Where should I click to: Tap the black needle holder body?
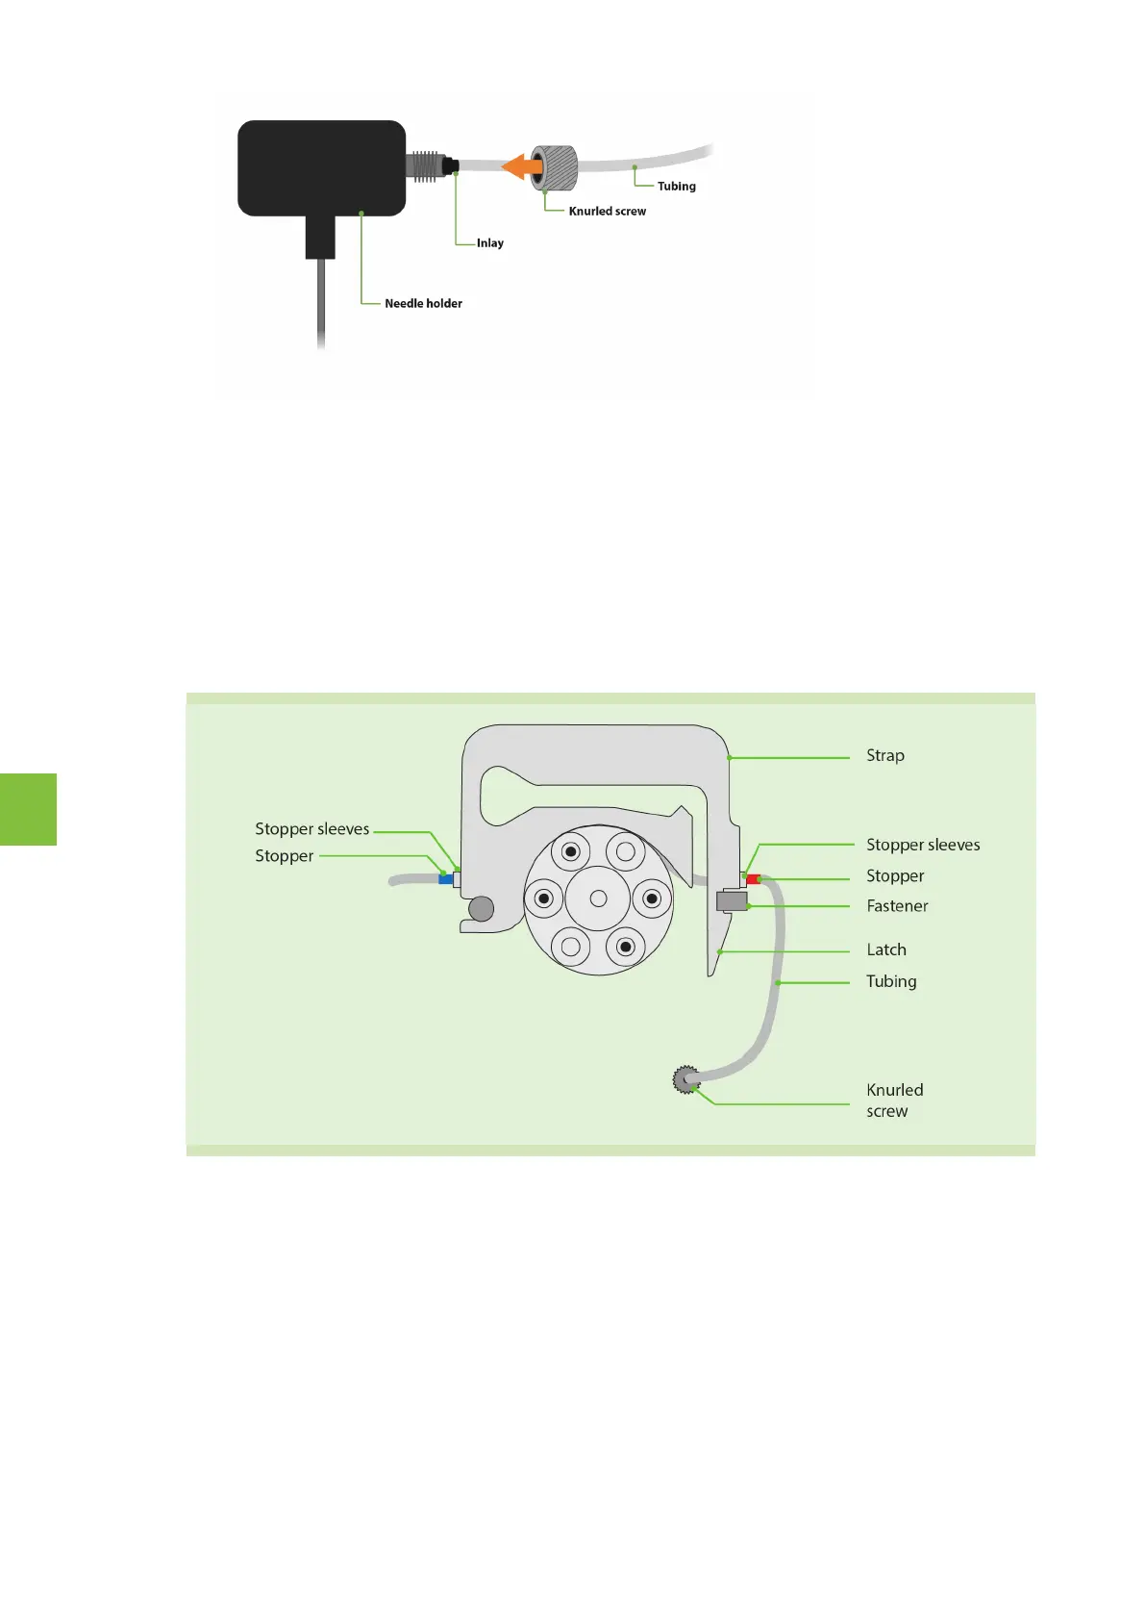321,167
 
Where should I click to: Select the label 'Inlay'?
489,243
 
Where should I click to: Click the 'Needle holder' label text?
423,304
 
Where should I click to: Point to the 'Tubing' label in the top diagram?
676,187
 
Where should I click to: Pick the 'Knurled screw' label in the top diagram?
607,212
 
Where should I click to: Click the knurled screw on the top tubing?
557,166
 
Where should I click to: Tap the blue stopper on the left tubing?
445,878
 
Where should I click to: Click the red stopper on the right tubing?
753,878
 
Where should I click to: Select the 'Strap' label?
884,756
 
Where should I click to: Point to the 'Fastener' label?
897,906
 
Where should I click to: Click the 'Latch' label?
885,950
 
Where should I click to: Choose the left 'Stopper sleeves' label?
311,829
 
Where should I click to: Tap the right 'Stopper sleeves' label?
922,846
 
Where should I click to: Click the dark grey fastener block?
732,901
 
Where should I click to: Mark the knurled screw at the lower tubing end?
685,1080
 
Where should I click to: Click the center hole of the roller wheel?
598,899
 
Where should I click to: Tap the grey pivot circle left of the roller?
481,908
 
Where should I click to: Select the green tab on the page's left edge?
28,809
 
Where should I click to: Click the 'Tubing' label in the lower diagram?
890,982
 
